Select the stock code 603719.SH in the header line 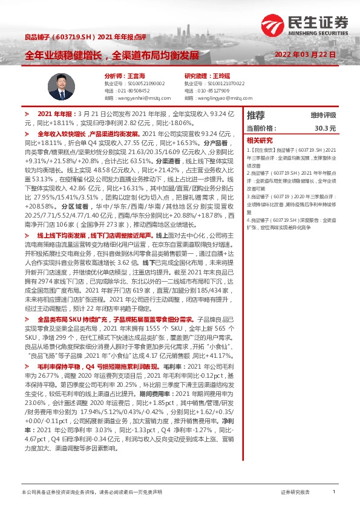coord(78,37)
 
